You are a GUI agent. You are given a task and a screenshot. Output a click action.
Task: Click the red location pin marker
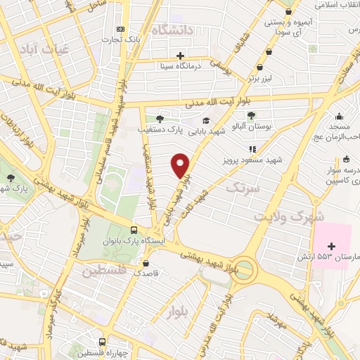(x=181, y=165)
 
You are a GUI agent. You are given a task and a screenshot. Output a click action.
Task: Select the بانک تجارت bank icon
(x=122, y=29)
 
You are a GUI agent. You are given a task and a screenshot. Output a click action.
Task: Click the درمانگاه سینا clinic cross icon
(x=181, y=56)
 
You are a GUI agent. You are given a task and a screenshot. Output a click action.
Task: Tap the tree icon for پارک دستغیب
(x=160, y=118)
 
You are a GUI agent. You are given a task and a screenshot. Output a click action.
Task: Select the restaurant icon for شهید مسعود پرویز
(x=252, y=148)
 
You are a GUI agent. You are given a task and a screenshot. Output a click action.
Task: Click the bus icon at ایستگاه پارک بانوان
(x=134, y=230)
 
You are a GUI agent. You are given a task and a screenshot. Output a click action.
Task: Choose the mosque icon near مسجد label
(x=340, y=117)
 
